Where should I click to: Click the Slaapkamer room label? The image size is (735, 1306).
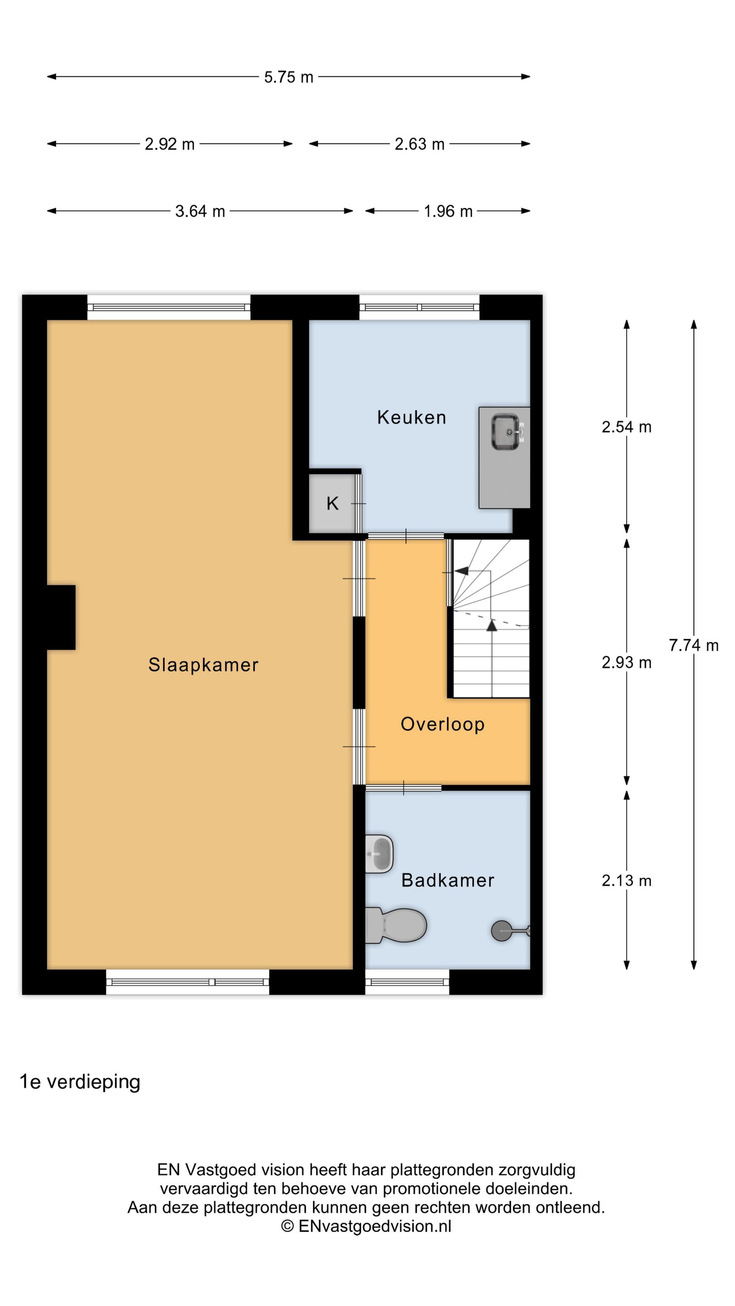click(203, 665)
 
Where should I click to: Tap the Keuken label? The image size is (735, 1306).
click(412, 417)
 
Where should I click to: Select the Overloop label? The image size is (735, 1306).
click(442, 725)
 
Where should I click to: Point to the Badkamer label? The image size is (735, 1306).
click(447, 880)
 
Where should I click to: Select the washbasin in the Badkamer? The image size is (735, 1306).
click(379, 854)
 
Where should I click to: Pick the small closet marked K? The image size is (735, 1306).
click(332, 503)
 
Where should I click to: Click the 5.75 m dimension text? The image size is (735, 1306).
click(289, 77)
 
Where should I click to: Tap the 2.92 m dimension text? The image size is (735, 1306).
click(169, 144)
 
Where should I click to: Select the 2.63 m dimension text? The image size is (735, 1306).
click(420, 144)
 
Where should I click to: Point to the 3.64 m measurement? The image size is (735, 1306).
click(200, 211)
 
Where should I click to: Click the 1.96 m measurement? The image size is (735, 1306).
click(448, 211)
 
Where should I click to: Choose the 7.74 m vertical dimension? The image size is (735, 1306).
click(693, 645)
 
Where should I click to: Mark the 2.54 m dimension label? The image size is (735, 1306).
click(627, 427)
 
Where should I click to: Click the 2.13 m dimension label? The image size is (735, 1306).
click(627, 881)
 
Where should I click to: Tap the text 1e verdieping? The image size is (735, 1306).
click(80, 1082)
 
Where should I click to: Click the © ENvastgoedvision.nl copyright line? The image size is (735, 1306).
click(366, 1226)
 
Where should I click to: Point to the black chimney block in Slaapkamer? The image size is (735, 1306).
click(61, 618)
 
